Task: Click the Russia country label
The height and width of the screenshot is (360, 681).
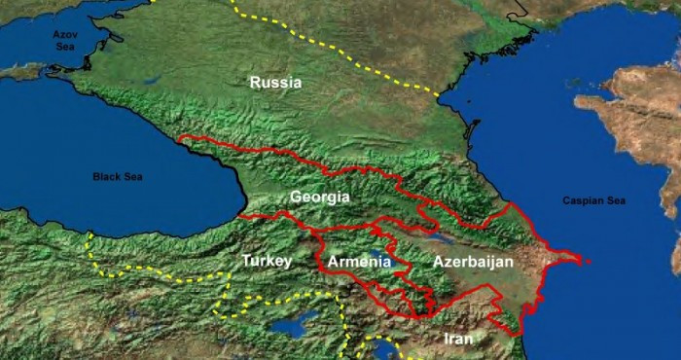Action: point(275,83)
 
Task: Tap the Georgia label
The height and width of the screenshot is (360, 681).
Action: point(319,198)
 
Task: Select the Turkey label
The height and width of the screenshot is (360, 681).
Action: point(267,262)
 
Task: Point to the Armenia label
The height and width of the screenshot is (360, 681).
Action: point(359,262)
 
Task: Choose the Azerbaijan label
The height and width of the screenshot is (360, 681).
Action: point(473,262)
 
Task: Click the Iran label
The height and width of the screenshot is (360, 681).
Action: point(457,339)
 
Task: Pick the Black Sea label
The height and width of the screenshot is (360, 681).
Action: point(118,177)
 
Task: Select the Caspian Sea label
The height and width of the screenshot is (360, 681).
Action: point(594,200)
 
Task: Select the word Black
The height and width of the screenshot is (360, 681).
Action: point(105,177)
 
